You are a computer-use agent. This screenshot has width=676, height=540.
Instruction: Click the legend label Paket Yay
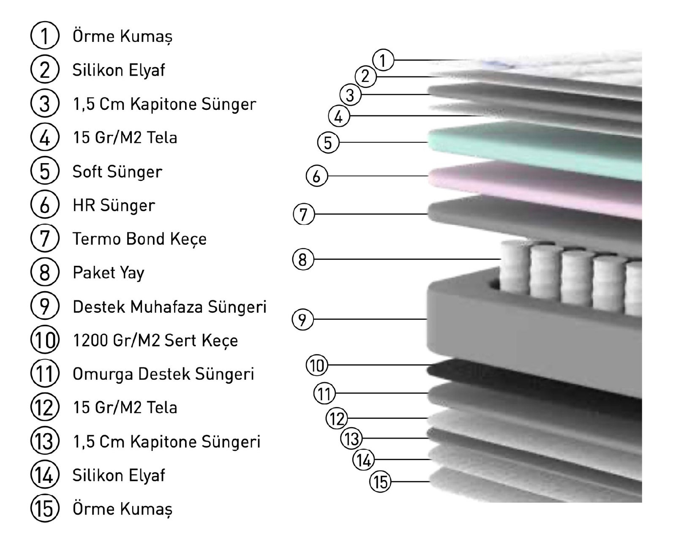click(x=109, y=273)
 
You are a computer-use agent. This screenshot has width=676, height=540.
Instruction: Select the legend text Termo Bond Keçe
click(x=139, y=239)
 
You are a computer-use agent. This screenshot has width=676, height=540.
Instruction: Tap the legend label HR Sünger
click(x=114, y=205)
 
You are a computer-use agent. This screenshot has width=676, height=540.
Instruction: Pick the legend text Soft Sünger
click(x=117, y=172)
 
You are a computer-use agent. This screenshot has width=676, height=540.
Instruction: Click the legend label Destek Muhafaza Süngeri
click(x=169, y=307)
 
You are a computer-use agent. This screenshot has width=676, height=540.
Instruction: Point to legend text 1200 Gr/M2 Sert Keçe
click(x=155, y=341)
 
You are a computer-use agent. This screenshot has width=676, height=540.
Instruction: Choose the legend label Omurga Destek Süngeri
click(x=164, y=374)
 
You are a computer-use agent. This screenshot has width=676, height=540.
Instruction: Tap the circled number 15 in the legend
click(x=44, y=509)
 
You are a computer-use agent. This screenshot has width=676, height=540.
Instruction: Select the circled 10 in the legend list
click(x=44, y=340)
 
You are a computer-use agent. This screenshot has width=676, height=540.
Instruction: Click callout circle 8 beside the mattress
click(x=303, y=259)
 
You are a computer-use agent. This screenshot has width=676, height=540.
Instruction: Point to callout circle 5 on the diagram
click(x=328, y=142)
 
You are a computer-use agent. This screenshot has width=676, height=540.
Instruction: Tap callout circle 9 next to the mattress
click(x=303, y=319)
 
